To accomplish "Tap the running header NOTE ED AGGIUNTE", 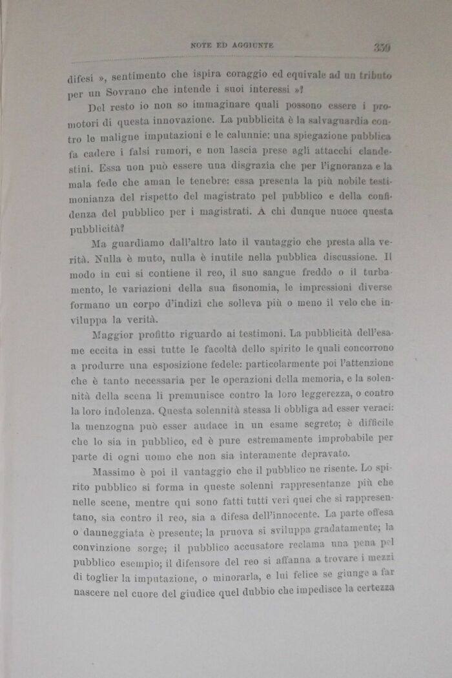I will point(232,45).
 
